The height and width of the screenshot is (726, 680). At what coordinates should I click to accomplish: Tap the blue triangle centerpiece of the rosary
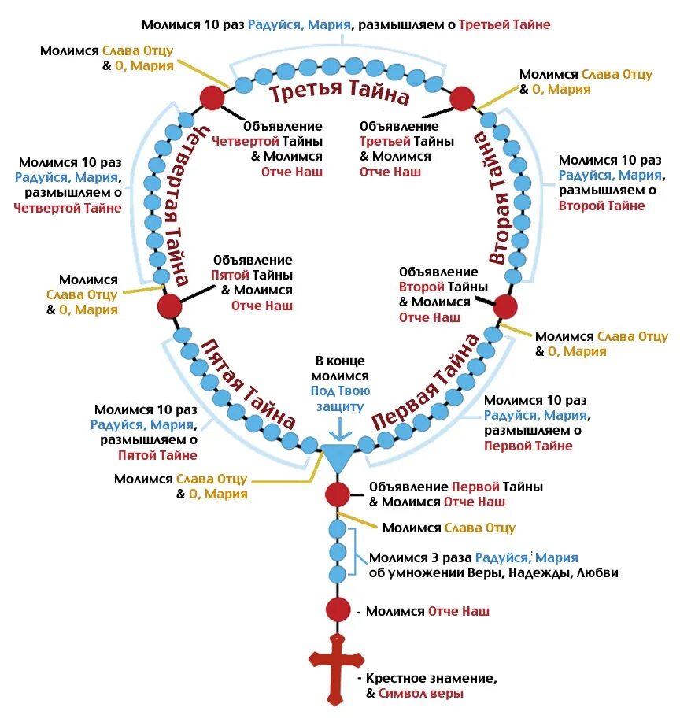(x=337, y=456)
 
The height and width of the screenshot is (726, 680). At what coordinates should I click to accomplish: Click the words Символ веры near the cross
(x=420, y=694)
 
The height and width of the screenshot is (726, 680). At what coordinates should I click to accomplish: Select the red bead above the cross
(x=337, y=609)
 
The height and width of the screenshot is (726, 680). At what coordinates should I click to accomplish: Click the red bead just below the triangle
(x=337, y=494)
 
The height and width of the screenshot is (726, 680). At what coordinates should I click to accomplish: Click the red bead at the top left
(x=212, y=98)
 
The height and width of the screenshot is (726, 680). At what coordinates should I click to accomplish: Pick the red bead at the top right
(x=461, y=98)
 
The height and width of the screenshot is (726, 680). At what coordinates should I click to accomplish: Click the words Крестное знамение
(x=432, y=678)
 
